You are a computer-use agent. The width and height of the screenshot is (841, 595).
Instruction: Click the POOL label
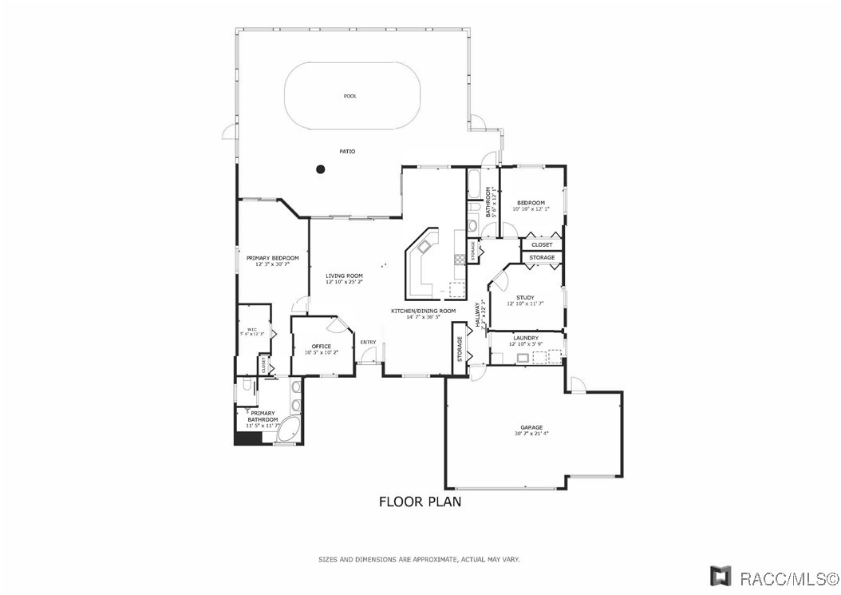click(350, 96)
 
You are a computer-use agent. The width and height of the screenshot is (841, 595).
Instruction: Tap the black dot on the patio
click(321, 169)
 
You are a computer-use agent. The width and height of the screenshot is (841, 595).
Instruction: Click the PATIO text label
click(347, 151)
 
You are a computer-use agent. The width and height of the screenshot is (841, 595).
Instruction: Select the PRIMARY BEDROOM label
click(272, 258)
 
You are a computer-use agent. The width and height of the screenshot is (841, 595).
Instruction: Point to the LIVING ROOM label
click(344, 276)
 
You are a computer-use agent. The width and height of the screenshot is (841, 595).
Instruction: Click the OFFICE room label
click(322, 346)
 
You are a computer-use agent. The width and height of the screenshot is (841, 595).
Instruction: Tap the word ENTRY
click(368, 343)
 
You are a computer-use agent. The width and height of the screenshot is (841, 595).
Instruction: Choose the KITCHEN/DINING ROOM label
click(423, 311)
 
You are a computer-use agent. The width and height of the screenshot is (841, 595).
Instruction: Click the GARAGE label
click(531, 427)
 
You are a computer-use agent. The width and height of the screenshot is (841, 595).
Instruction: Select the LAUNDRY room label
click(527, 338)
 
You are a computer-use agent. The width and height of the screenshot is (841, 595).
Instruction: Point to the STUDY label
click(525, 298)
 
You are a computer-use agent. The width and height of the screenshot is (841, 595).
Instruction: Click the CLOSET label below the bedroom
click(542, 244)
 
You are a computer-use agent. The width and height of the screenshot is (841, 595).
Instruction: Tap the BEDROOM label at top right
click(531, 203)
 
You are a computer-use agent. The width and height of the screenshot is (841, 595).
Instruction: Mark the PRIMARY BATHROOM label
click(263, 416)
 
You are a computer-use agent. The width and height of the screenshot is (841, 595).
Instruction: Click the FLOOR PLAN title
click(420, 502)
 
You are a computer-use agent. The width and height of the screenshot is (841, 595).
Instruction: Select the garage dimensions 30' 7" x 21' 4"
click(531, 434)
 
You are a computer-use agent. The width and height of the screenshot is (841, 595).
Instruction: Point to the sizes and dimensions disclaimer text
click(419, 559)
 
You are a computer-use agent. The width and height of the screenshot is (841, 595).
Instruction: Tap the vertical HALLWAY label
click(479, 312)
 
